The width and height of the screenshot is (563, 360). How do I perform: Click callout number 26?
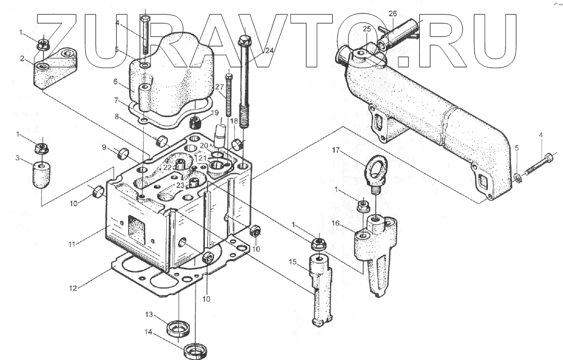[x=392, y=13]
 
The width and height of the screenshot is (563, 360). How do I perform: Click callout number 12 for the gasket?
[x=72, y=288]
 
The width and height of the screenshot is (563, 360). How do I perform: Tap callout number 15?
[x=293, y=261]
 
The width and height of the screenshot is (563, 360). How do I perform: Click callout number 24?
[x=269, y=51]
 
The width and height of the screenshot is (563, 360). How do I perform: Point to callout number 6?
[x=115, y=82]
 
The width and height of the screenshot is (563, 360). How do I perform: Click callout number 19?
[x=215, y=113]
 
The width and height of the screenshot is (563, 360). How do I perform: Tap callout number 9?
[x=104, y=147]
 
